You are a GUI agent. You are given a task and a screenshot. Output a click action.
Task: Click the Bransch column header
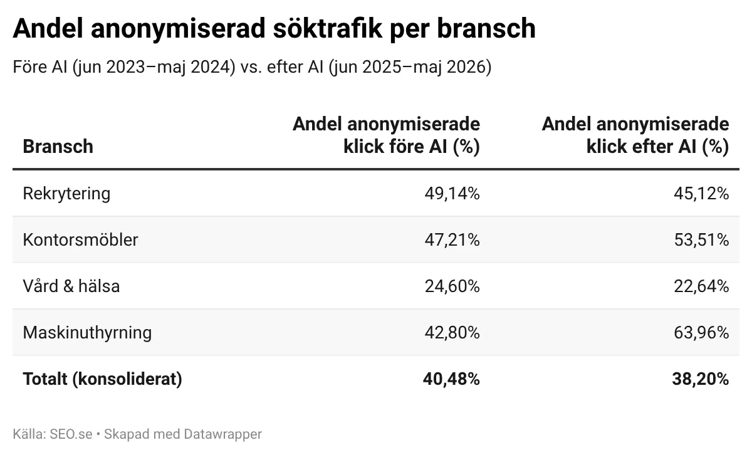pos(58,147)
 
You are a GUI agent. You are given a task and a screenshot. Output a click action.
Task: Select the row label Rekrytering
pos(66,194)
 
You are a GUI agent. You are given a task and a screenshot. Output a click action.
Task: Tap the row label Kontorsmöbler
pos(80,240)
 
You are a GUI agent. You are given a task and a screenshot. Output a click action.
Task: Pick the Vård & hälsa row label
pos(71,286)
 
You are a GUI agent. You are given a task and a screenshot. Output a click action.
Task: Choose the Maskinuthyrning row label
pos(87,333)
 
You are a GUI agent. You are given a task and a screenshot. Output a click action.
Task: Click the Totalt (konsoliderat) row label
pos(102,379)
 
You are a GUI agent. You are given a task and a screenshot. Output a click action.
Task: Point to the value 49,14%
pos(452,194)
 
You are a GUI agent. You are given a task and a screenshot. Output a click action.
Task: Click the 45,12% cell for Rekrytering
pos(701,194)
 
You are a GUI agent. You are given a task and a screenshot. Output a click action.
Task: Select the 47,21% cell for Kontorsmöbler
pos(452,240)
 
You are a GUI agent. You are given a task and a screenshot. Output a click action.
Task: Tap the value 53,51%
pos(701,240)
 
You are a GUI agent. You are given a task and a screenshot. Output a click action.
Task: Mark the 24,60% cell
pos(452,286)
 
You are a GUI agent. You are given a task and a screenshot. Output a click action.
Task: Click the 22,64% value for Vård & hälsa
pos(701,286)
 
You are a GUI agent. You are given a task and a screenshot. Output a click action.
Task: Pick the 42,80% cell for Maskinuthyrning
pos(452,332)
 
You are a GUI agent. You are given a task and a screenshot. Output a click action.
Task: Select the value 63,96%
pos(701,332)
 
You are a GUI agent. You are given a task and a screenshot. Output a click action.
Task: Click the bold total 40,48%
pos(451,379)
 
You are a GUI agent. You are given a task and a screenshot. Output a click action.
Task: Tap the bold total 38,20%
pos(701,379)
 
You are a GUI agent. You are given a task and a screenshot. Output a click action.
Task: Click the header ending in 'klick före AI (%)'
pos(387,135)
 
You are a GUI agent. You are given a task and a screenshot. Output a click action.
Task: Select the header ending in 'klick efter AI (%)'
pos(635,135)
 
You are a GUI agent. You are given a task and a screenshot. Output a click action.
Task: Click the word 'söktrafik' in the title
pos(328,28)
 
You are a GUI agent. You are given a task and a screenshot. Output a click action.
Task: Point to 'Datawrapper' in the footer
pos(223,434)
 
